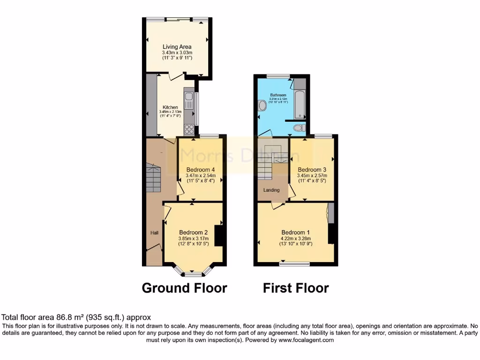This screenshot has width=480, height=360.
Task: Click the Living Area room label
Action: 177,47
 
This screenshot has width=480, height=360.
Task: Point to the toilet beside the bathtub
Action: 299,127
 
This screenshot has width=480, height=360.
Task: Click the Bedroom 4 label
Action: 201,170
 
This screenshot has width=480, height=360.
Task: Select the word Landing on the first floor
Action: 271,190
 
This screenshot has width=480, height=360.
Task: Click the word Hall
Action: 154,232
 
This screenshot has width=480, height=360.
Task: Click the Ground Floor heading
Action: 184,288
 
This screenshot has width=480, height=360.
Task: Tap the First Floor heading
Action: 296,288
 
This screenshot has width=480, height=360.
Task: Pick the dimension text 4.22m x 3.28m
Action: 296,238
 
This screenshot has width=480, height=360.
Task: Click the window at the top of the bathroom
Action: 278,75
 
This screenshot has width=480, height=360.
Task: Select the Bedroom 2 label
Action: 194,232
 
